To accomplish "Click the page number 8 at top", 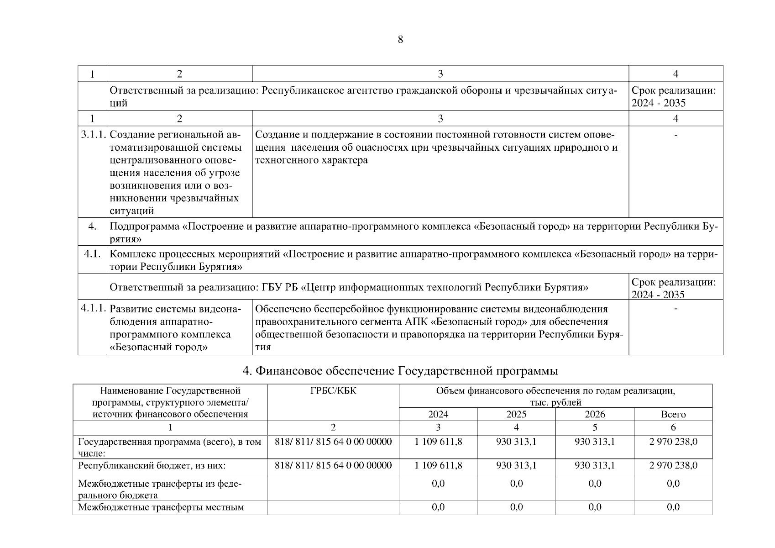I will coord(400,40).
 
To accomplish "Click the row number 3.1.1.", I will coord(93,135).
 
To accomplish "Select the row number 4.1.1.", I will coord(93,308).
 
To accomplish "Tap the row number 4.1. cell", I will coord(92,254).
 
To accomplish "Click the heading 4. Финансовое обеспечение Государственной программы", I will coord(400,371).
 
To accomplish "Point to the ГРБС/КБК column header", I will coord(333,390).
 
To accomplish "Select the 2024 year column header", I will coord(438,414).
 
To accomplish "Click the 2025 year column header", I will coord(516,414).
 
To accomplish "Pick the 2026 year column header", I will coord(595,414).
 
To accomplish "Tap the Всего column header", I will coord(673,414).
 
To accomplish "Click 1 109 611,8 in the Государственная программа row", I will coord(438,442).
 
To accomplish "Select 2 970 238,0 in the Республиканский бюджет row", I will coord(673,465).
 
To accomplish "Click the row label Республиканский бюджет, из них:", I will coord(152,465).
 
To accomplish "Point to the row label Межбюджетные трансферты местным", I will coord(161,507).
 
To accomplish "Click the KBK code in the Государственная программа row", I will coord(333,442).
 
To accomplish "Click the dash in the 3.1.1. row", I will coord(676,135).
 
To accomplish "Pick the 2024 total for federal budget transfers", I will coord(438,484).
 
